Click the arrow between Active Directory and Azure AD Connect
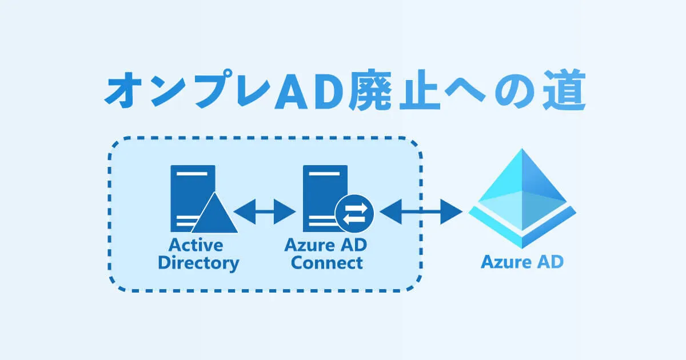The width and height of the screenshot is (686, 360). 264,213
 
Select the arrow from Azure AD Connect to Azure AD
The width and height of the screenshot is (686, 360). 421,213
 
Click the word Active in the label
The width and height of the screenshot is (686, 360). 196,245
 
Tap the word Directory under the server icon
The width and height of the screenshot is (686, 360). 198,263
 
